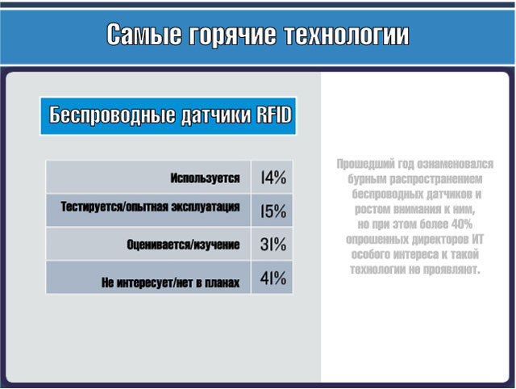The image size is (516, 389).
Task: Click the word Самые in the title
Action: [x=144, y=34]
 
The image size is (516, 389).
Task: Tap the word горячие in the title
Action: [x=232, y=35]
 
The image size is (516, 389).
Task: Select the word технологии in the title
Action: [x=347, y=35]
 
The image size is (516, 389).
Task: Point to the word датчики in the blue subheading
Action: [x=217, y=115]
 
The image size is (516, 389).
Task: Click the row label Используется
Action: [x=205, y=178]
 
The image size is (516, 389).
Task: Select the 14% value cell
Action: [x=272, y=177]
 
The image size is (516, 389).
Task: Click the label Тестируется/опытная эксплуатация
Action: [x=151, y=207]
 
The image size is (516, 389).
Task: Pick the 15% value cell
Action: [x=272, y=211]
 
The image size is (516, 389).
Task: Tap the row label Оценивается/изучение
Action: [x=183, y=245]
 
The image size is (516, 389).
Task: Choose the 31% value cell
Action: [x=272, y=244]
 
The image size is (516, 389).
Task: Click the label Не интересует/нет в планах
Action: [x=170, y=282]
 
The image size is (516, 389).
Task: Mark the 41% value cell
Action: [x=272, y=278]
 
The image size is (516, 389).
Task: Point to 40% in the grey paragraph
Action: [x=462, y=224]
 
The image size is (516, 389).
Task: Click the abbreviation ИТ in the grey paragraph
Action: [x=477, y=240]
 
